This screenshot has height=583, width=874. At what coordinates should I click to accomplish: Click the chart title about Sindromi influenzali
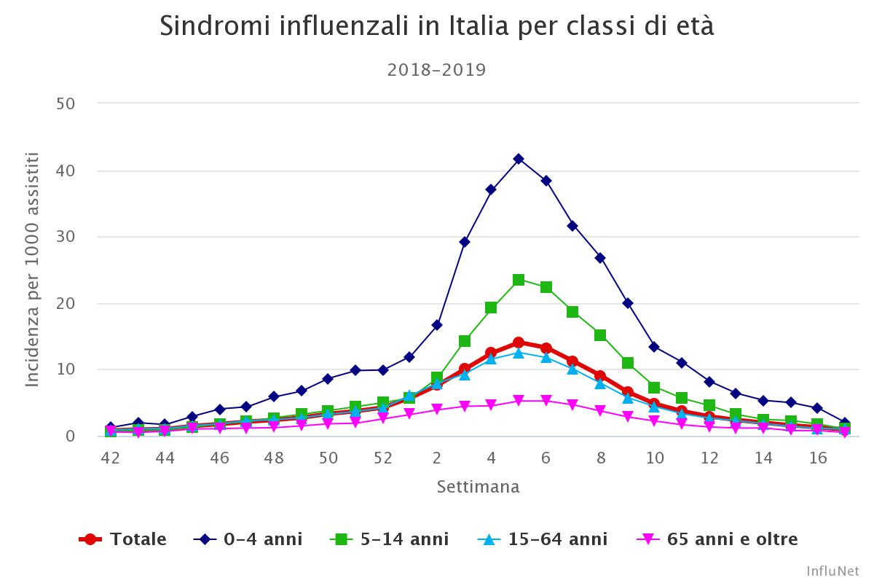[x=437, y=27]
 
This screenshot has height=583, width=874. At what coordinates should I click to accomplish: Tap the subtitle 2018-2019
[x=437, y=70]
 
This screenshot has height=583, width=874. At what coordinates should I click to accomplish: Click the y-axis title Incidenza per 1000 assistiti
[x=32, y=270]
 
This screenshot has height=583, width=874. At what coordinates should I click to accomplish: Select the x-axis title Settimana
[x=479, y=487]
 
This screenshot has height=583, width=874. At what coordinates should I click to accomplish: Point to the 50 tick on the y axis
[x=66, y=103]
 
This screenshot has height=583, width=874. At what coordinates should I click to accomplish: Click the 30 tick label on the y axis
[x=66, y=237]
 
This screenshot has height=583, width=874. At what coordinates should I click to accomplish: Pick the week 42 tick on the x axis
[x=111, y=458]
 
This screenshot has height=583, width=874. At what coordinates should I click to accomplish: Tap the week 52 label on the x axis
[x=383, y=458]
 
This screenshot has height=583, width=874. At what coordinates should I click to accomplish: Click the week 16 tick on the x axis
[x=819, y=458]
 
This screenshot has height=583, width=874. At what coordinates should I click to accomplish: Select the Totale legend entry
[x=124, y=539]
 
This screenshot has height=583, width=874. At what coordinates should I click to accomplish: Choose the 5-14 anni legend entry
[x=390, y=539]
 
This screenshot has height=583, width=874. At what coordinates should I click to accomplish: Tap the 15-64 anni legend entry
[x=543, y=539]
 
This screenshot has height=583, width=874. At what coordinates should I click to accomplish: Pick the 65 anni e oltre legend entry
[x=718, y=539]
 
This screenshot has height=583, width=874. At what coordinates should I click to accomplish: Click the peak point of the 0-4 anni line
[x=519, y=159]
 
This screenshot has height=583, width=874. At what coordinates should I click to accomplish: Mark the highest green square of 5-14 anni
[x=519, y=280]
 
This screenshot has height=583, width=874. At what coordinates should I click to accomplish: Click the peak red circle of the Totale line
[x=519, y=343]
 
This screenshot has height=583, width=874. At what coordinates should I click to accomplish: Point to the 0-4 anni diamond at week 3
[x=464, y=242]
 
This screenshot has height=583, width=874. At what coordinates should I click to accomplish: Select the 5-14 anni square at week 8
[x=600, y=335]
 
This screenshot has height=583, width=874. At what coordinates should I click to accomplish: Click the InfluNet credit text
[x=832, y=570]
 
